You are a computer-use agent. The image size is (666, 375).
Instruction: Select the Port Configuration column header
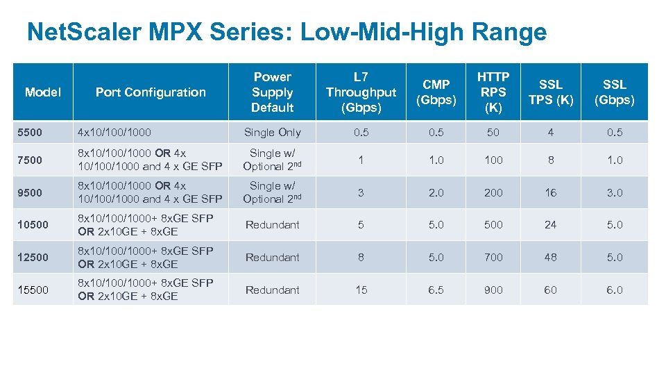pos(151,92)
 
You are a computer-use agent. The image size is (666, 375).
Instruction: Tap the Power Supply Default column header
pos(272,92)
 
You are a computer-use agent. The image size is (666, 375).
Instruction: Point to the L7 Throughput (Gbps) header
pos(361,92)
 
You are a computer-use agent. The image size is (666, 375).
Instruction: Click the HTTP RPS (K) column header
pos(493,92)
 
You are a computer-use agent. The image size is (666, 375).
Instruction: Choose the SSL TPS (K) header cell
pos(550,92)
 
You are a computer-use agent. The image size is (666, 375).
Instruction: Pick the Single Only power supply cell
pos(272,132)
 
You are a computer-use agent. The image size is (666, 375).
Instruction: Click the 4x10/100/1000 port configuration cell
pos(114,132)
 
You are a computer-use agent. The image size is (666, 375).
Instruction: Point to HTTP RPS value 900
pos(493,290)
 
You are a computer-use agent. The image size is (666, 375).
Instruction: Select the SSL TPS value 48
pos(550,257)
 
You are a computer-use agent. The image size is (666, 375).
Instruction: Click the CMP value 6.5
pos(436,290)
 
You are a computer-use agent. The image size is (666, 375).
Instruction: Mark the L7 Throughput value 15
pos(361,290)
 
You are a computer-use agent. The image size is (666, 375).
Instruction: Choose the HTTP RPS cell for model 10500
pos(493,224)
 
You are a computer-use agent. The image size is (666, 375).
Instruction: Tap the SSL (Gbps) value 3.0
pos(615,192)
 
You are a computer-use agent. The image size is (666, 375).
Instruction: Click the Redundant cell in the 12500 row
pos(272,257)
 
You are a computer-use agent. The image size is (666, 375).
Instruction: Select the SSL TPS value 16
pos(550,192)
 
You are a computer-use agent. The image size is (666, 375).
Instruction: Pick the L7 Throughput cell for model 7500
pos(361,160)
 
